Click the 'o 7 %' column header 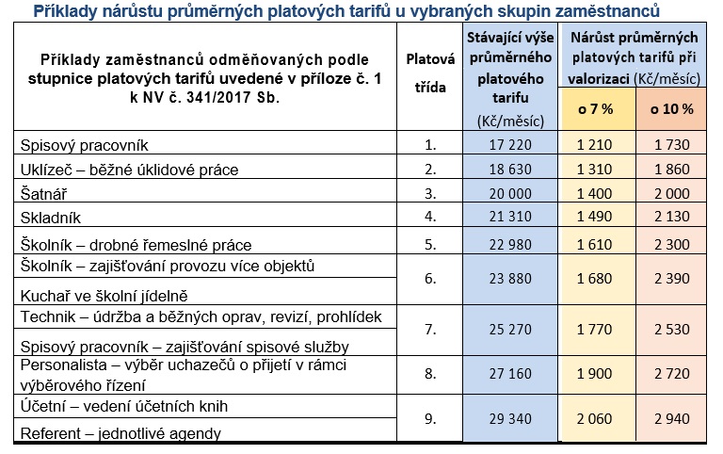(595, 108)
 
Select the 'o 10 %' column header (671, 108)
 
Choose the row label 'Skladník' (51, 219)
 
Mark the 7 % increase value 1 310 (595, 170)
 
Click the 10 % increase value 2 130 (671, 219)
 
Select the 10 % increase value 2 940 (671, 420)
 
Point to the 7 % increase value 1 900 (595, 373)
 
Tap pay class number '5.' (430, 243)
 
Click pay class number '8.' (430, 373)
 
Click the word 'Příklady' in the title (64, 11)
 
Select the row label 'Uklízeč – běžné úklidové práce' (124, 170)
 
